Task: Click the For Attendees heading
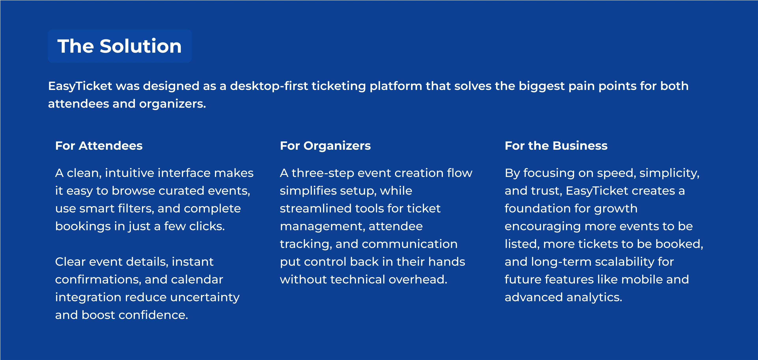point(99,146)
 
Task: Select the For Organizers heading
point(325,146)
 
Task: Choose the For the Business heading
point(556,146)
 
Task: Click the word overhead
point(418,280)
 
